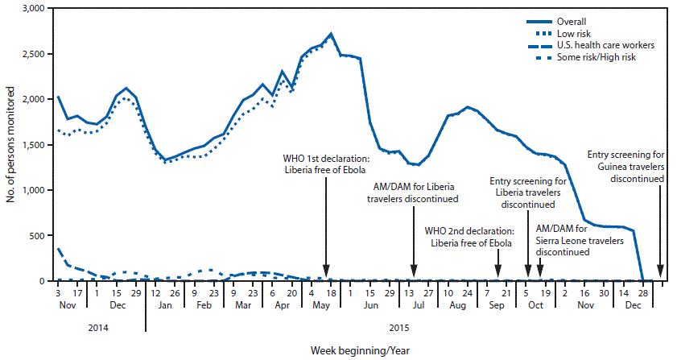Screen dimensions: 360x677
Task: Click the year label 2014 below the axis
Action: click(x=97, y=327)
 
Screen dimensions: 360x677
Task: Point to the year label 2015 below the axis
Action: click(x=400, y=327)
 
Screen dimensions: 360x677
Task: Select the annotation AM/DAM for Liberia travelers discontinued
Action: click(x=413, y=192)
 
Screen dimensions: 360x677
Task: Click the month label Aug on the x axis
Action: click(x=457, y=307)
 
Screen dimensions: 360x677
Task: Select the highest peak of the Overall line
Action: click(x=331, y=34)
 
